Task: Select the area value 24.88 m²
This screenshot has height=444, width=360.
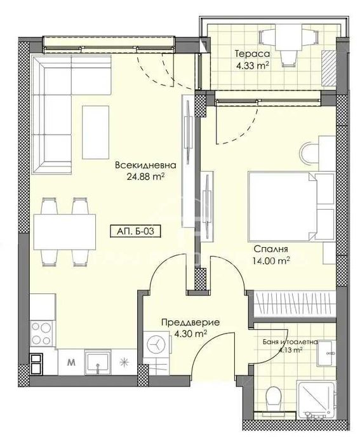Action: [x=145, y=177]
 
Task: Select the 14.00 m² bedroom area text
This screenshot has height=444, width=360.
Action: [x=272, y=260]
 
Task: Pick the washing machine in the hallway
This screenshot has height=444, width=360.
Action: [x=156, y=343]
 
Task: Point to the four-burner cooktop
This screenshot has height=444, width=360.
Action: [x=41, y=330]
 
